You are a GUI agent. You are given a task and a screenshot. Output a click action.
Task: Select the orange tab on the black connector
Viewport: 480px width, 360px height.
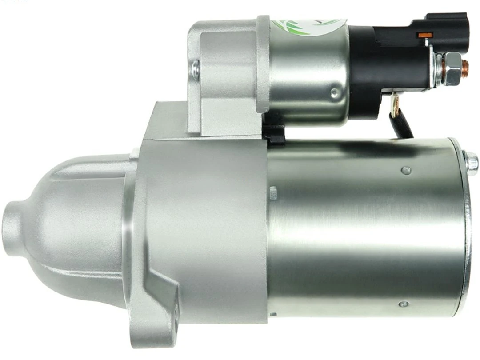pos(425,34)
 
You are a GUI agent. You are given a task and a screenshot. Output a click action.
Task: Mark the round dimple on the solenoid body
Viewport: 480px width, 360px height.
pos(334,92)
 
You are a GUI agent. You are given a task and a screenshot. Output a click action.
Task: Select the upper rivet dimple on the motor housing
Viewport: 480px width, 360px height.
pos(405,170)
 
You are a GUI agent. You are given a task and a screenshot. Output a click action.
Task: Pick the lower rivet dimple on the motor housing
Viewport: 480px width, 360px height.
pos(403,304)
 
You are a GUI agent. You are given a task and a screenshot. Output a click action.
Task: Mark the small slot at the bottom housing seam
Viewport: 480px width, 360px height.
pos(272,315)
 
